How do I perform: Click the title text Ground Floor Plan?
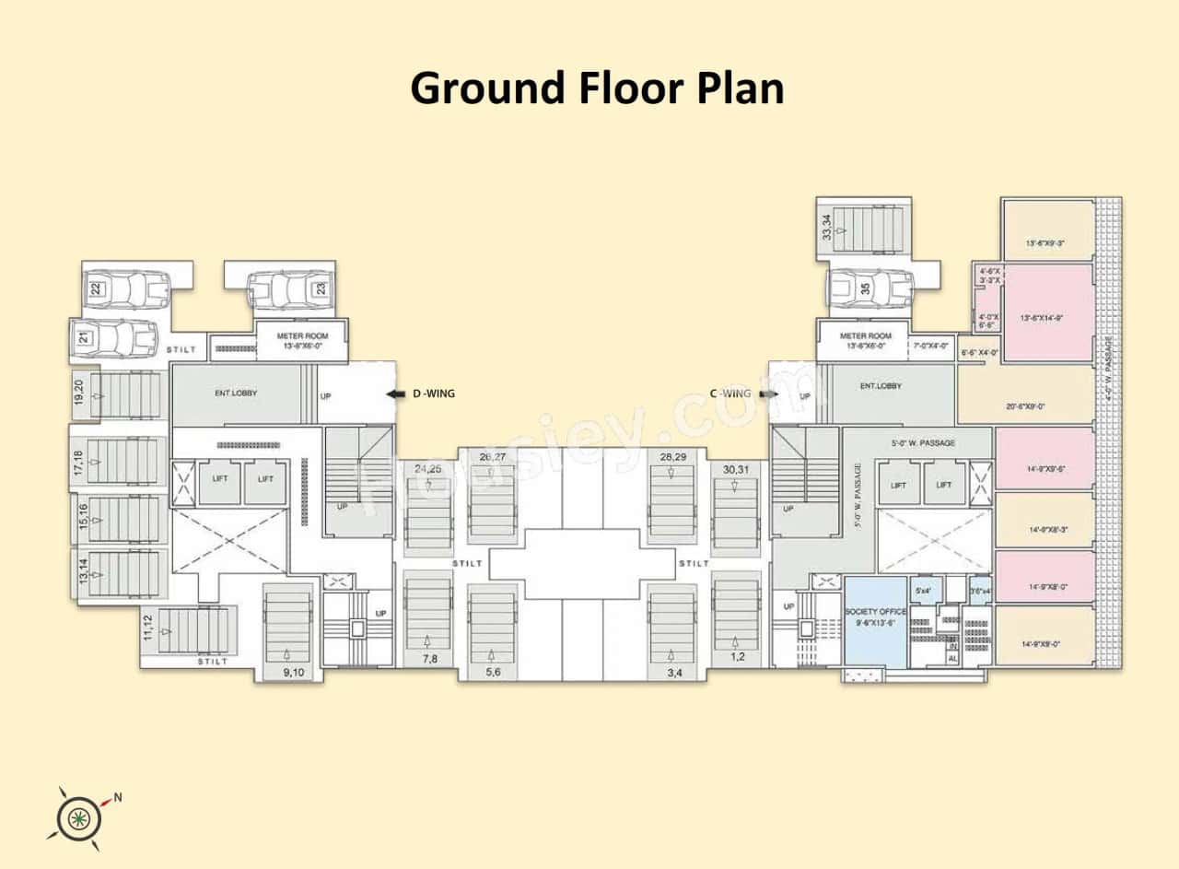[x=596, y=88]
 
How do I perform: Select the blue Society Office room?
[x=876, y=622]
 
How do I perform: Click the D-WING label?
[x=433, y=393]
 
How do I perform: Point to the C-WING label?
[x=731, y=393]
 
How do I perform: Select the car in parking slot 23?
[x=289, y=289]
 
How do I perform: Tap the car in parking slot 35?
[x=870, y=288]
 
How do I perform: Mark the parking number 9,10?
[x=294, y=673]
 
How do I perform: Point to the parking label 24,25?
[x=427, y=469]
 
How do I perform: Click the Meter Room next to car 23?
[x=302, y=340]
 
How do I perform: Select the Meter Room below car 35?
[x=866, y=340]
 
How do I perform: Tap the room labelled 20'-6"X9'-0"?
[x=1025, y=405]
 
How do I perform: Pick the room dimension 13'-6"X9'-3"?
[x=1047, y=243]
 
